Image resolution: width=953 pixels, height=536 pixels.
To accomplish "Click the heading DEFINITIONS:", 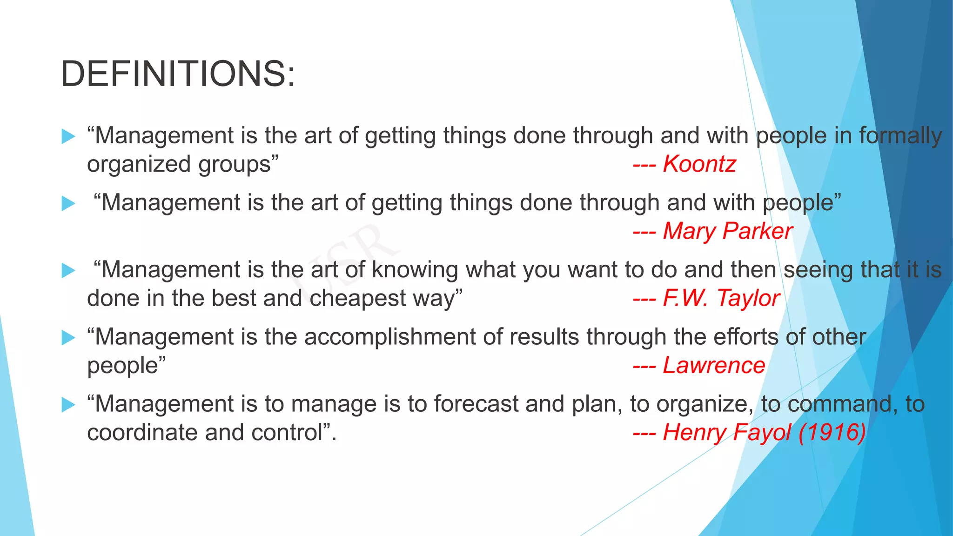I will (178, 74).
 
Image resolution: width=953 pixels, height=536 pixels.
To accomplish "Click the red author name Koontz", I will (699, 164).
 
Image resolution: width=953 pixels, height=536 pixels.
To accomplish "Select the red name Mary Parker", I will (727, 231).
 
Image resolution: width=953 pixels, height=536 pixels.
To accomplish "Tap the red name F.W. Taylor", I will (721, 298).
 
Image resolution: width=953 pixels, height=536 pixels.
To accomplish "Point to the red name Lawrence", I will (713, 365).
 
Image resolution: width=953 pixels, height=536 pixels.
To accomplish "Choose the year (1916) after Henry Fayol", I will (832, 432).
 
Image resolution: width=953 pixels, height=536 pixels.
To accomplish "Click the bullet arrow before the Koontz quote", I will (68, 136).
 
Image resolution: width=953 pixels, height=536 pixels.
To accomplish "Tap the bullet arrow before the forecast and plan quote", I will (68, 404).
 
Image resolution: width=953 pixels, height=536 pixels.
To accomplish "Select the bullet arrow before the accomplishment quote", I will (68, 337).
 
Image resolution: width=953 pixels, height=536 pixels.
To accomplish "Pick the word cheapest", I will (358, 298).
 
